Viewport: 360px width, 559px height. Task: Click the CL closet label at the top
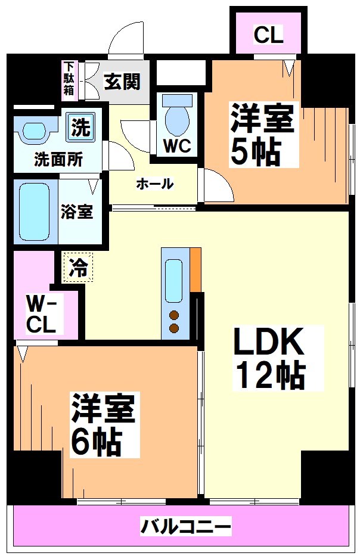coord(268,35)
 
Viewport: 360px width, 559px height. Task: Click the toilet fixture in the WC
coord(176,116)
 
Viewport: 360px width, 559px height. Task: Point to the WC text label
coord(177,147)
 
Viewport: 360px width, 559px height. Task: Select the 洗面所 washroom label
coord(58,159)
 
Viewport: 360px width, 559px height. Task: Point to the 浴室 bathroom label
coord(76,212)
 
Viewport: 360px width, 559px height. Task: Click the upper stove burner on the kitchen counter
coord(174,315)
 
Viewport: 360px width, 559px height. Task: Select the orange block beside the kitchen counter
coord(195,269)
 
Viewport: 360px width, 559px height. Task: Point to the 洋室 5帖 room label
coord(262,135)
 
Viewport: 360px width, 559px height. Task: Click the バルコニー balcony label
coord(185,527)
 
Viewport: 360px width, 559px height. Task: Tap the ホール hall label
coord(154,184)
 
